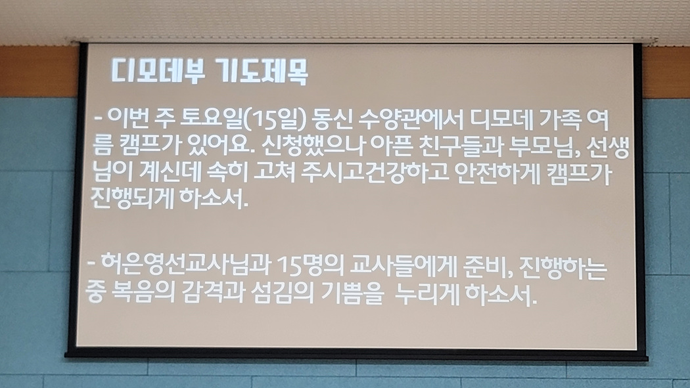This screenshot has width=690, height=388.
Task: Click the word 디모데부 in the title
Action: point(158,70)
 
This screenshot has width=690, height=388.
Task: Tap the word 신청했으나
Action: point(312,146)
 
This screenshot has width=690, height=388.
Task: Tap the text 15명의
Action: point(310,265)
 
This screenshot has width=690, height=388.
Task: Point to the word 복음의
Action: point(140,293)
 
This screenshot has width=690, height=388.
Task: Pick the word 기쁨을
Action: point(352,293)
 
